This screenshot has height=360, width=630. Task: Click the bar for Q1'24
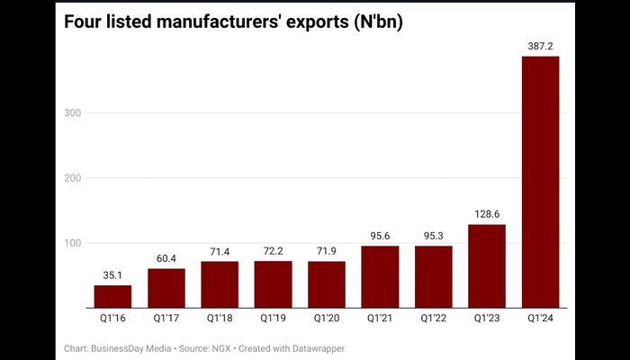coord(541,182)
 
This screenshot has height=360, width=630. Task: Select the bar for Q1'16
coord(112,296)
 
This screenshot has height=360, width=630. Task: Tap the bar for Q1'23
coord(488,265)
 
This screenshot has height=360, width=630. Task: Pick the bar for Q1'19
coord(274,284)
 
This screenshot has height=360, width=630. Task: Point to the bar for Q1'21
coord(381,276)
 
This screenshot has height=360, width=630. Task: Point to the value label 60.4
coord(166,256)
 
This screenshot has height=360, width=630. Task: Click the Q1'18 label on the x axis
coord(220,318)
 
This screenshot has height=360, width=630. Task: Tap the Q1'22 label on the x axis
coord(434,318)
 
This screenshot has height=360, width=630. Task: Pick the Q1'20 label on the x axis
coord(327,318)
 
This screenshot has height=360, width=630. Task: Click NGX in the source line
coord(223,347)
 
